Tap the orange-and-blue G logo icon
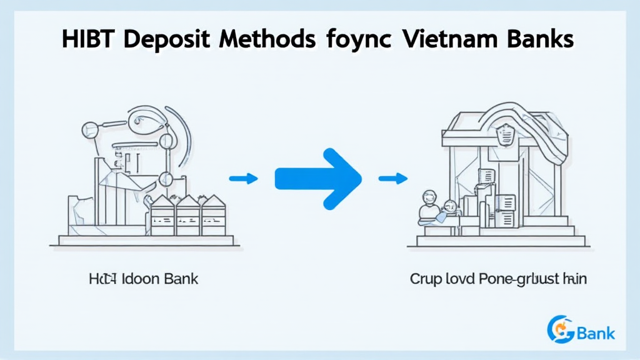pyautogui.click(x=559, y=329)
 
